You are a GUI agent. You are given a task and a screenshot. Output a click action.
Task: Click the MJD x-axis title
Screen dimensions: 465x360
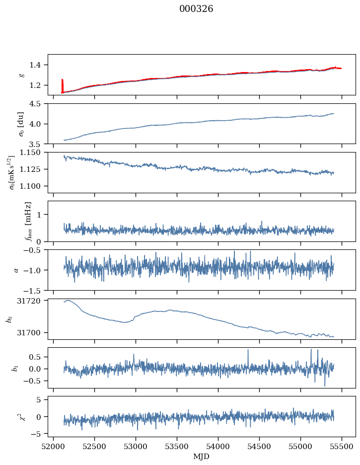point(201,457)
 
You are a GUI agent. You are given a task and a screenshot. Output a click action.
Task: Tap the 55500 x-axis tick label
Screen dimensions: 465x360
point(342,447)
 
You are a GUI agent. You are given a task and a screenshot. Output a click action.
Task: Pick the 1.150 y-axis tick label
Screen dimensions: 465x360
point(34,153)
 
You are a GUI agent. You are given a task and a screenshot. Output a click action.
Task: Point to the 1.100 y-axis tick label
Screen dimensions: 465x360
point(34,186)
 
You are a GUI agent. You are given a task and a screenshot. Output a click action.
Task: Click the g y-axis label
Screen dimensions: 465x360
point(21,75)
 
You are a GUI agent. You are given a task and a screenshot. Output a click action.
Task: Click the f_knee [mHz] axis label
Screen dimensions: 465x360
point(28,221)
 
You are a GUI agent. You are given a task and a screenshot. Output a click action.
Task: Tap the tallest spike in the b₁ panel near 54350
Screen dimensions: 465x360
point(248,350)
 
